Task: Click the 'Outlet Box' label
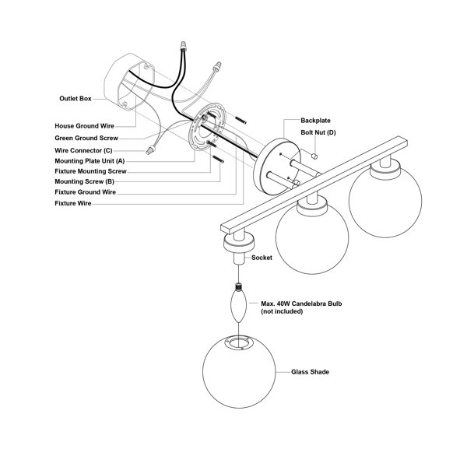[x=75, y=99]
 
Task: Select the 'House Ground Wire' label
[x=84, y=126]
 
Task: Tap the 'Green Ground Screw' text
[x=86, y=139]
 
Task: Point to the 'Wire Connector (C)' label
[x=83, y=150]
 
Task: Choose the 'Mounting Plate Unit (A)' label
[x=90, y=161]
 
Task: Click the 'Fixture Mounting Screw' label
[x=90, y=171]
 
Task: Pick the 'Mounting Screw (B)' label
[x=84, y=181]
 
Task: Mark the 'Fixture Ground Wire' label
[x=85, y=192]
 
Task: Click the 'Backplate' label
[x=315, y=121]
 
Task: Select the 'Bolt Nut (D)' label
[x=318, y=132]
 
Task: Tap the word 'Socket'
[x=262, y=258]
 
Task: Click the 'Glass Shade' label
[x=310, y=372]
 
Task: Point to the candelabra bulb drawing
[x=239, y=302]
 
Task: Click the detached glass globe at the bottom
[x=239, y=371]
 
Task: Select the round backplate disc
[x=277, y=167]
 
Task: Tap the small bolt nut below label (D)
[x=314, y=156]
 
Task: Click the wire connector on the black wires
[x=183, y=45]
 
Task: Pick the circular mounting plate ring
[x=206, y=126]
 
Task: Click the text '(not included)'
[x=282, y=311]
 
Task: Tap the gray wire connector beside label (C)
[x=151, y=149]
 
